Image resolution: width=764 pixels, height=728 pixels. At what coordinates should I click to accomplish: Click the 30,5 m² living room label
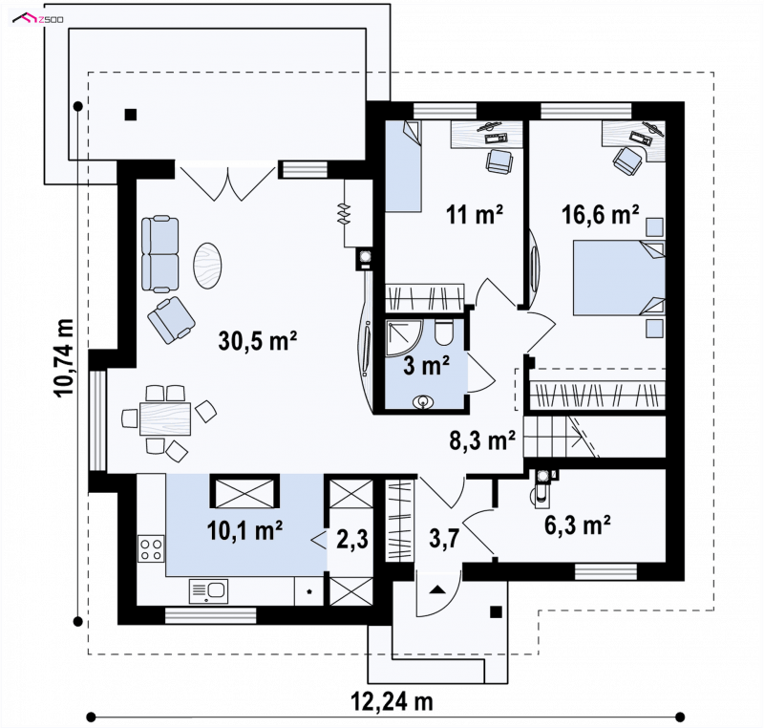[258, 341]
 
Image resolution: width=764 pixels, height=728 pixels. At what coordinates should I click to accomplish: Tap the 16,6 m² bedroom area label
[601, 214]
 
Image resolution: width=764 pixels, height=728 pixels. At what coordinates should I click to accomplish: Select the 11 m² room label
[475, 214]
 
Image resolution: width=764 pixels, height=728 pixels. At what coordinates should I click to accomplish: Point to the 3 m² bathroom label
[426, 366]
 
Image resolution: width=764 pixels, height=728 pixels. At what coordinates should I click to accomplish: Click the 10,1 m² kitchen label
[245, 530]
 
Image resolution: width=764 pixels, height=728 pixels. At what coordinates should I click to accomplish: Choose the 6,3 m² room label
[578, 525]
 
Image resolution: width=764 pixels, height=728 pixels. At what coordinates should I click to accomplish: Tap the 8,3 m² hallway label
[482, 440]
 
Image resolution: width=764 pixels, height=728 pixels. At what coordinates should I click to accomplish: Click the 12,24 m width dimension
[392, 702]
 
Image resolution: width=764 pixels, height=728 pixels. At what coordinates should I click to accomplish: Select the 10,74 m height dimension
[64, 358]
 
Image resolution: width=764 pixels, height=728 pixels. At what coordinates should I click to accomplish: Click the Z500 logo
[38, 19]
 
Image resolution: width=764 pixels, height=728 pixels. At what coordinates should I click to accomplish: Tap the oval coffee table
[207, 266]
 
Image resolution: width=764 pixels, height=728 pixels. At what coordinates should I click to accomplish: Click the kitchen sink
[208, 591]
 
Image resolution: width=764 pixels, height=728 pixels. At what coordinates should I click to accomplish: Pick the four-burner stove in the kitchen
[151, 548]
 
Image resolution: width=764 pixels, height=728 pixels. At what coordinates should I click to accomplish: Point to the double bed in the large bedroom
[619, 278]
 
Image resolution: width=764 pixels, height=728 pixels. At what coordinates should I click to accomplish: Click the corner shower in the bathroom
[404, 337]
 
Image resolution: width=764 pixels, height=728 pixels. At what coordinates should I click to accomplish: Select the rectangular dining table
[165, 418]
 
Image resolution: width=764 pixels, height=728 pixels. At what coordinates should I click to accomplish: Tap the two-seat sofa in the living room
[159, 255]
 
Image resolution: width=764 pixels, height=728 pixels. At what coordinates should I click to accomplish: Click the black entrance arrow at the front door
[437, 589]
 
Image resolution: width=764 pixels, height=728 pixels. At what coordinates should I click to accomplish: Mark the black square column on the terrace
[131, 115]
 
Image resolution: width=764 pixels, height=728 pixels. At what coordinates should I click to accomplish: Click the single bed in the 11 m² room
[403, 166]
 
